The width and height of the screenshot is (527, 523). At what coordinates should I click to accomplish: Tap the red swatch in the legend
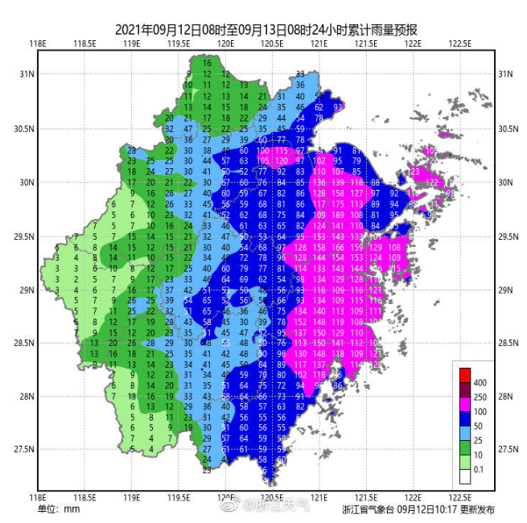[x=464, y=374]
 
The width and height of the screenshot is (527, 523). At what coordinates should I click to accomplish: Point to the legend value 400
[x=480, y=381]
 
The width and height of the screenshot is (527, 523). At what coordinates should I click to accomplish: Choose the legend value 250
[x=480, y=397]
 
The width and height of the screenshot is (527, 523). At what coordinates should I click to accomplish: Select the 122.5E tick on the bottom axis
[x=459, y=497]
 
